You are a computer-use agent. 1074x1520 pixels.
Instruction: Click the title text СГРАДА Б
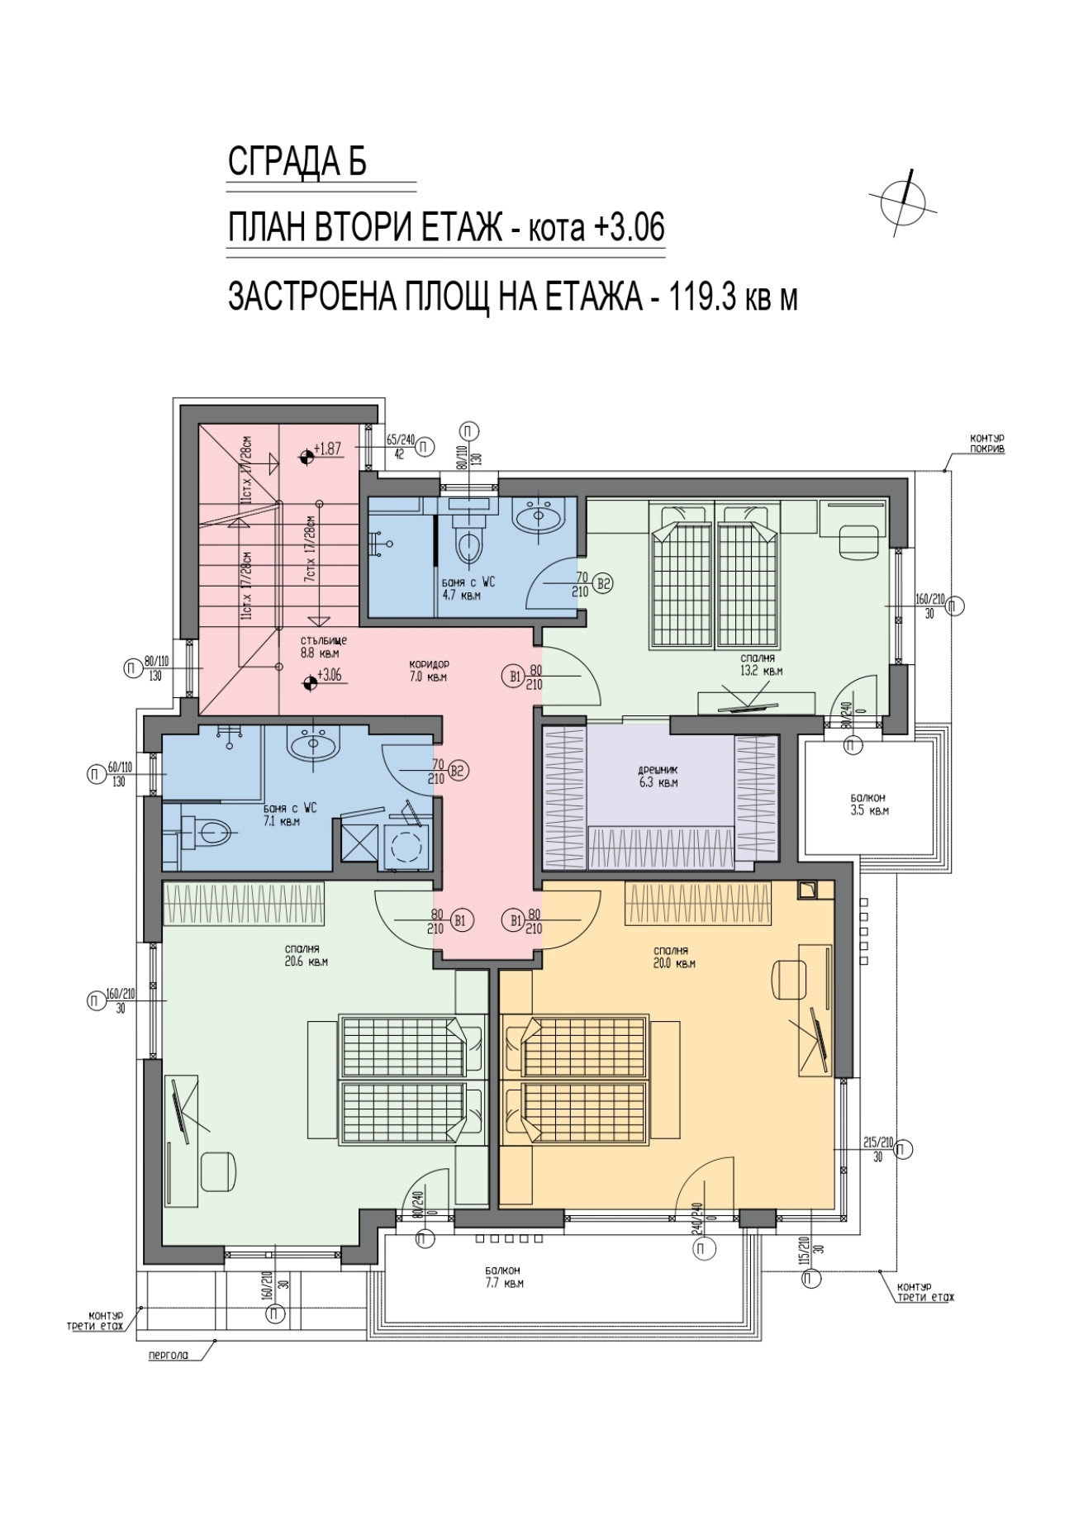297,162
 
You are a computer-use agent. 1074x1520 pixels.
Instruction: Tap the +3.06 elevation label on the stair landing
330,675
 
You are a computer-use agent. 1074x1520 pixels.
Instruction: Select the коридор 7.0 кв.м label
429,671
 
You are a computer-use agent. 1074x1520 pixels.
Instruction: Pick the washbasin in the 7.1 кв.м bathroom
313,746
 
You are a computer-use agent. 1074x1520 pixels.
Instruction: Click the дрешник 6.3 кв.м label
658,776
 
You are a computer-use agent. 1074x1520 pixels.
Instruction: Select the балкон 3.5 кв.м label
868,804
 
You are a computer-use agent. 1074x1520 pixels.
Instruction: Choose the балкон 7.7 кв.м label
503,1277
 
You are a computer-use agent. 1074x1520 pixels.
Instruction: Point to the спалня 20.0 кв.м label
673,957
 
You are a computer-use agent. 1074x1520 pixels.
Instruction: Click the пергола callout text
168,1356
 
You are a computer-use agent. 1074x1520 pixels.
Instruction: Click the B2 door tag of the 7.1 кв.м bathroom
459,772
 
